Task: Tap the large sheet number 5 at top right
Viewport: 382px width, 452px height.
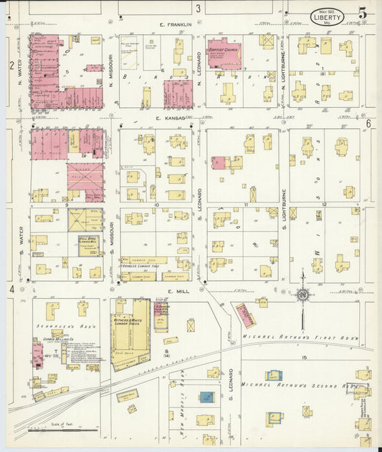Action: click(363, 13)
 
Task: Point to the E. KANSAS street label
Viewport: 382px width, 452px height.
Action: click(170, 117)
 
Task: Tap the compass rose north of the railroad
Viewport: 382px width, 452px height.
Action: click(303, 293)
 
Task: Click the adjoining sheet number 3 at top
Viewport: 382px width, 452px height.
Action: click(197, 8)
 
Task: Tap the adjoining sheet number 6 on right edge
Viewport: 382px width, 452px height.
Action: click(368, 123)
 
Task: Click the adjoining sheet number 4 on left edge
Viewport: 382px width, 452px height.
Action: click(12, 289)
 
